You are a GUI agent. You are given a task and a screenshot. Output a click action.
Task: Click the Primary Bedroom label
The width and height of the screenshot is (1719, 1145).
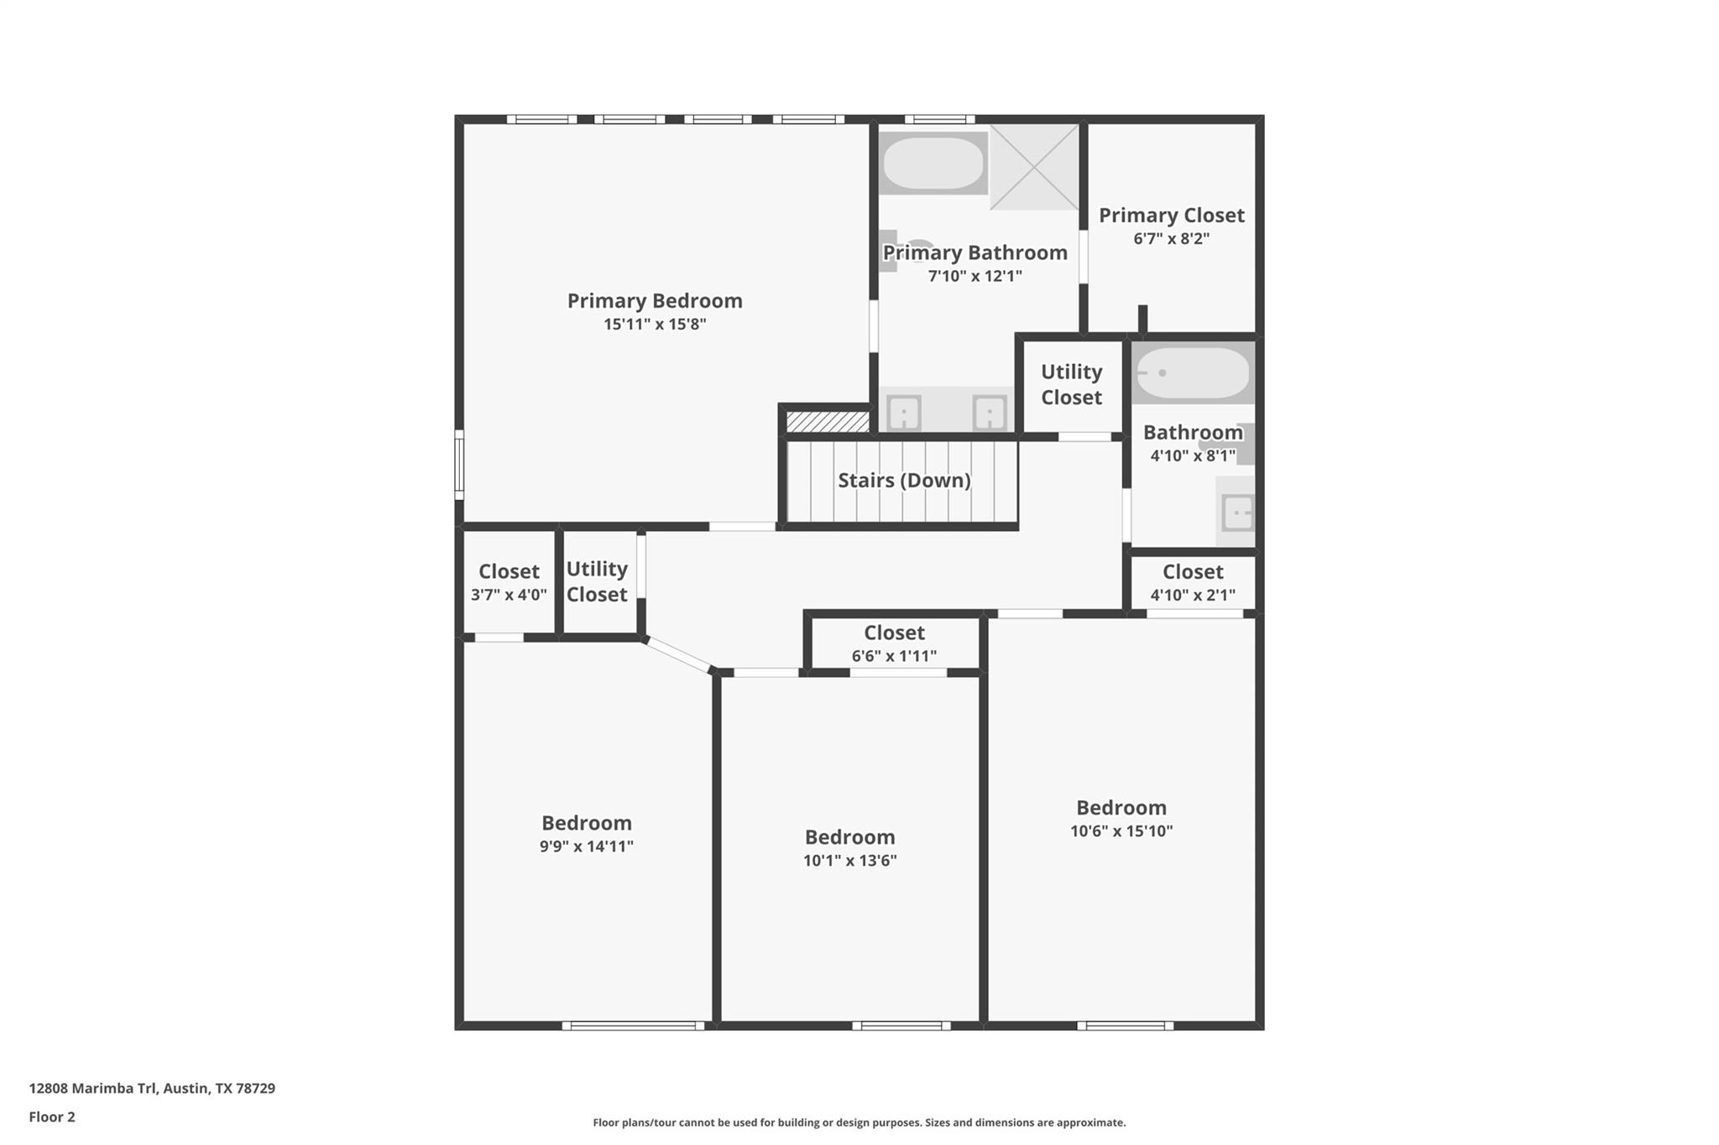(x=655, y=301)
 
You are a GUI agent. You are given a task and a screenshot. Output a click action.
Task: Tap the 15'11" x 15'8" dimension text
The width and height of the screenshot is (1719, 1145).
(x=655, y=324)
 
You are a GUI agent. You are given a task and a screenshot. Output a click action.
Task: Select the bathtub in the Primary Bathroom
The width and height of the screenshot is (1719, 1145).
(x=933, y=163)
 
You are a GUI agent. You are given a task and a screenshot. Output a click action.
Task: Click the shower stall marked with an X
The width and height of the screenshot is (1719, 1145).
(x=1035, y=167)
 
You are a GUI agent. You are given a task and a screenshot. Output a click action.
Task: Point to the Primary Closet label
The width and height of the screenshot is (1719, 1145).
(x=1172, y=216)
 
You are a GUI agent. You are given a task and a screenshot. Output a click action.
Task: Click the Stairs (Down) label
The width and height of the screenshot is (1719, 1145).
(x=904, y=481)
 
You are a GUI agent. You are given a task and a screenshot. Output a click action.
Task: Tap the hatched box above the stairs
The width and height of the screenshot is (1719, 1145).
(x=828, y=421)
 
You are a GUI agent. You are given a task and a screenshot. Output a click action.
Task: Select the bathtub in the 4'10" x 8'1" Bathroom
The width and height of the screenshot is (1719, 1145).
(x=1193, y=372)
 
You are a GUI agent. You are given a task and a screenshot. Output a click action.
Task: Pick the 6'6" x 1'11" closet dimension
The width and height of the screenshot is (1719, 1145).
(x=894, y=656)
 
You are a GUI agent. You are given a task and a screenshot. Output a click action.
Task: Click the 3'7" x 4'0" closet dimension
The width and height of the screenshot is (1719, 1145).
(x=509, y=595)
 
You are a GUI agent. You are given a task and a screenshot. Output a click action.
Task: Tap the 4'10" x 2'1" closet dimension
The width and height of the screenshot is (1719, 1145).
(x=1193, y=596)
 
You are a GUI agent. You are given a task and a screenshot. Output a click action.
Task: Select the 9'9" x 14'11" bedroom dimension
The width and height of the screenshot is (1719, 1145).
(x=587, y=846)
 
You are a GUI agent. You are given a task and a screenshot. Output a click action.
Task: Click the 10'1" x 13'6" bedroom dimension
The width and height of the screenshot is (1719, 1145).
(x=850, y=861)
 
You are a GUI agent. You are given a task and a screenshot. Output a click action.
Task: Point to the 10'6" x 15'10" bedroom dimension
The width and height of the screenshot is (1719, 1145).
(x=1121, y=831)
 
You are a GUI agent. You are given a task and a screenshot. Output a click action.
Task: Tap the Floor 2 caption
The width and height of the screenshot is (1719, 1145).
(x=52, y=1116)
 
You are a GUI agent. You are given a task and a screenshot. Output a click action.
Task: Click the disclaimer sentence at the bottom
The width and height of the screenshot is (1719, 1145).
(x=859, y=1122)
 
